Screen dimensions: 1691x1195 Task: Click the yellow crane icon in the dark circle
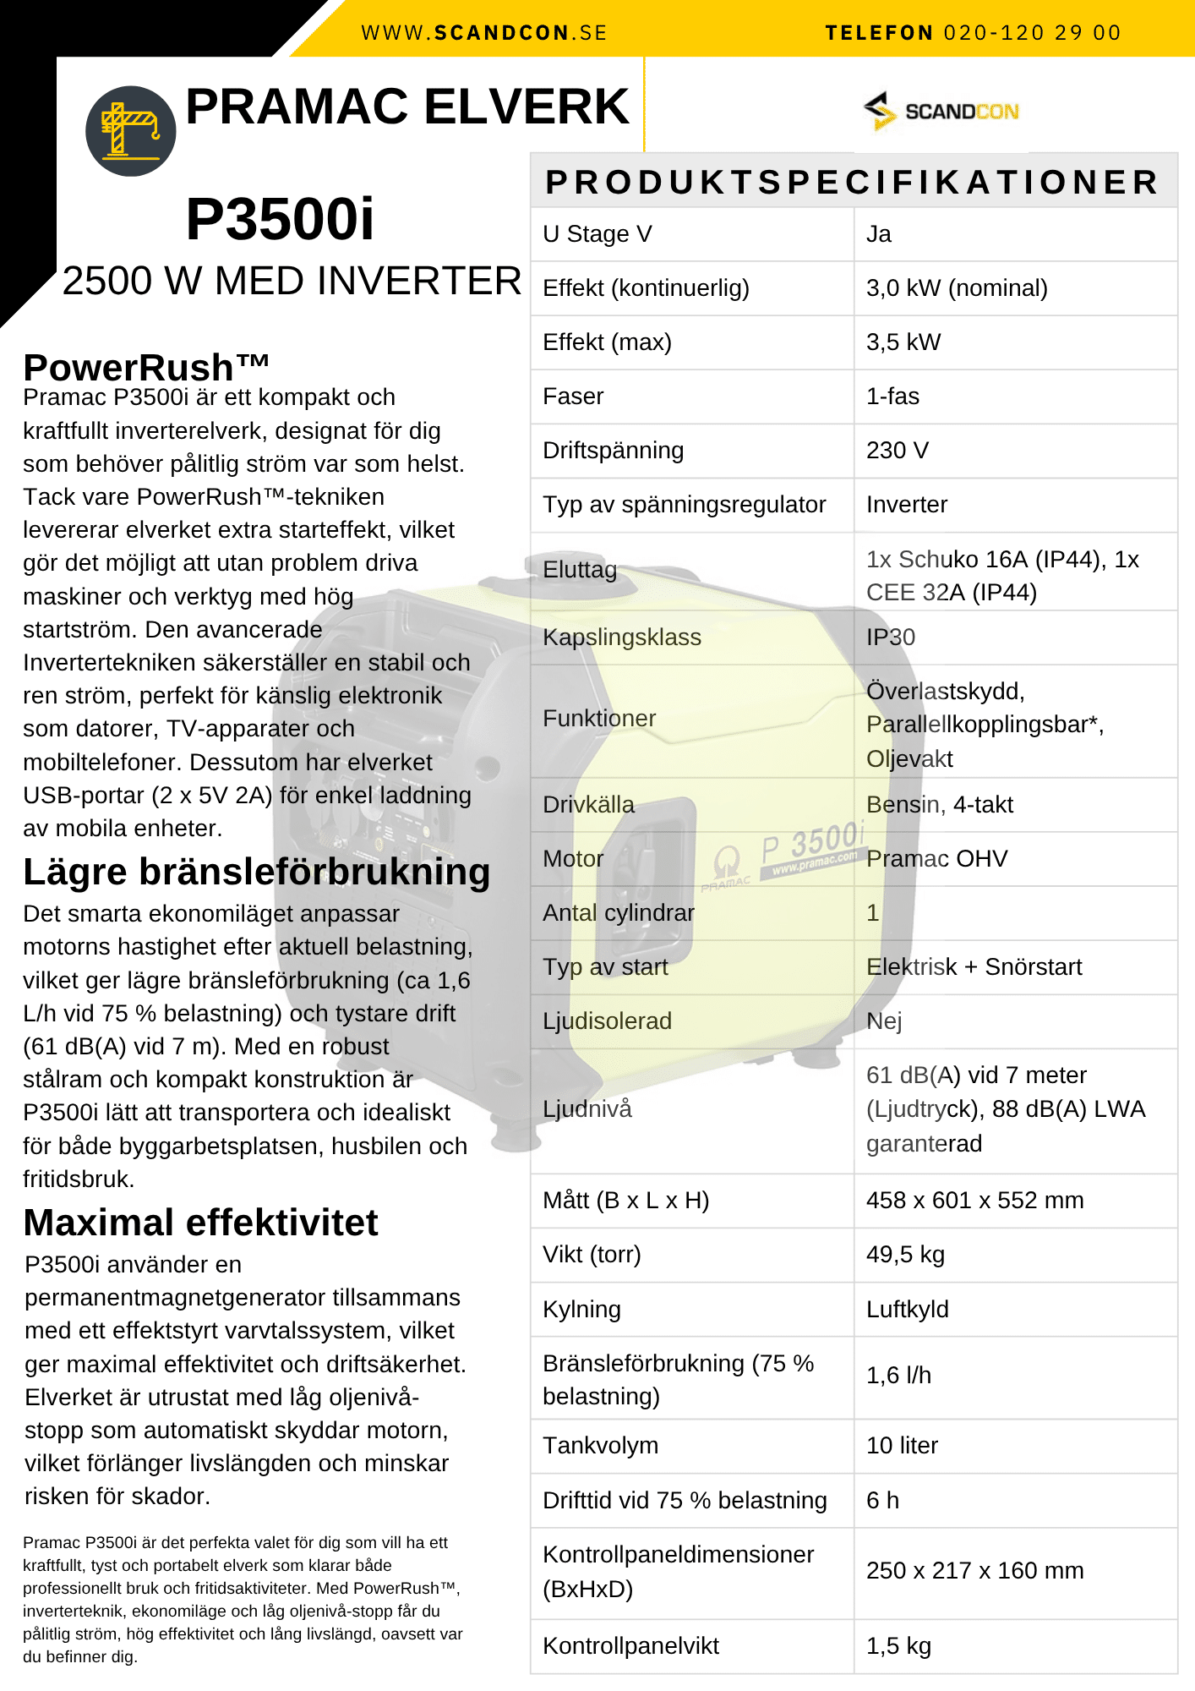point(130,130)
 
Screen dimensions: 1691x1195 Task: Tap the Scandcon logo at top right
point(941,112)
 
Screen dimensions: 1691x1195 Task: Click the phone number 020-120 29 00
point(1032,33)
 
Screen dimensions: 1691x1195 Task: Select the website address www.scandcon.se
point(484,33)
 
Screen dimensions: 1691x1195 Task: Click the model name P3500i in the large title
point(280,220)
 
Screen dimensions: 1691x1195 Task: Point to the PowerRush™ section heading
point(146,368)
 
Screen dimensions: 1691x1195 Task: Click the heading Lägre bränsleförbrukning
point(257,873)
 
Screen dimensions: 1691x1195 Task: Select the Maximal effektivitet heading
point(201,1223)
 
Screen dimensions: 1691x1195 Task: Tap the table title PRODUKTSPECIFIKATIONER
point(852,182)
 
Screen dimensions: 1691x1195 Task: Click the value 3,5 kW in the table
point(903,342)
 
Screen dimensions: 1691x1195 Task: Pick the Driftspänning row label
point(613,451)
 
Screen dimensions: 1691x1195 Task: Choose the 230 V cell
point(898,451)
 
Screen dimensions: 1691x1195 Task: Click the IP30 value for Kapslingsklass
point(891,638)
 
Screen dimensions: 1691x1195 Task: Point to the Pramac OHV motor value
point(937,859)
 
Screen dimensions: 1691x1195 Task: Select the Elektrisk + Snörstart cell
point(974,967)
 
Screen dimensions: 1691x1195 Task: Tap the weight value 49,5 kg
point(905,1255)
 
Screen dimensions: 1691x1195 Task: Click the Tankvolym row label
point(600,1446)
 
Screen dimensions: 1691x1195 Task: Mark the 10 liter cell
point(902,1446)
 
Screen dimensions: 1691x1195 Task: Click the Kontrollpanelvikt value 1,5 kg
point(898,1646)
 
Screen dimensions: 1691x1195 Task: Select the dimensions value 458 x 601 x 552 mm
point(974,1201)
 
